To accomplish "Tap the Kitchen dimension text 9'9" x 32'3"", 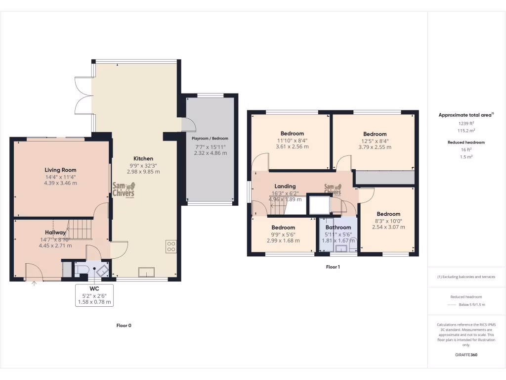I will click(143, 165).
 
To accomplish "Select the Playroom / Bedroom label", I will click(210, 139).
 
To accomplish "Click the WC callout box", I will click(94, 295).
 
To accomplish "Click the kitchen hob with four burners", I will click(171, 246).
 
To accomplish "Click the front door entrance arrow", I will click(34, 284).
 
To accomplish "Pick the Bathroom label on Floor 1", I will click(338, 228).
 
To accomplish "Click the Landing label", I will click(285, 187).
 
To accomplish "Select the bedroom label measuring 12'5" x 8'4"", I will click(375, 134).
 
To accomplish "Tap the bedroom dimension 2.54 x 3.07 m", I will click(388, 227).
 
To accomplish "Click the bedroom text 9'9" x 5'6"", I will click(283, 234).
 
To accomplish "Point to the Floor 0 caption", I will click(124, 326).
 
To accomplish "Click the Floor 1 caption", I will click(333, 267).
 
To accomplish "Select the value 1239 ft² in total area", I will click(466, 123).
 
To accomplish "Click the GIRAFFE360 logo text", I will click(466, 355).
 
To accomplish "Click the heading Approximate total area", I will click(465, 115).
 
